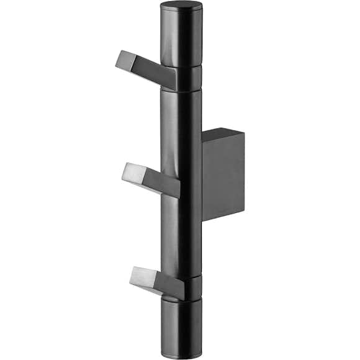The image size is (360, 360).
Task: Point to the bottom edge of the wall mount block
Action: point(222,218)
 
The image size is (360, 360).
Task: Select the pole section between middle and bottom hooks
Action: point(181,236)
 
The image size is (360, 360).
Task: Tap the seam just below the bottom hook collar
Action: point(181,300)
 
